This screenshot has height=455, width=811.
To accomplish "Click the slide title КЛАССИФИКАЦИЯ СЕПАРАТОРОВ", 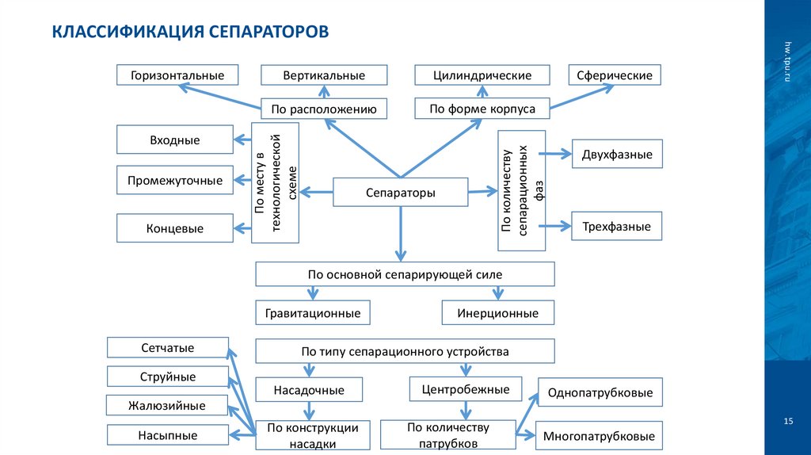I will [x=189, y=32].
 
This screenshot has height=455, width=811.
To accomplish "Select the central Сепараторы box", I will [x=400, y=193].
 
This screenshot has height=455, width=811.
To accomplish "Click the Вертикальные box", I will [x=324, y=75].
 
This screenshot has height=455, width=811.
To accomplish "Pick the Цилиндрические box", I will [x=482, y=75].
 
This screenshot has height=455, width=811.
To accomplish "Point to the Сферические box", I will [x=615, y=75].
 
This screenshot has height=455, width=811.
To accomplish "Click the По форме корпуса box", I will [x=482, y=109].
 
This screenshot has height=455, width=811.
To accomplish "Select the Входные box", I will [x=175, y=140].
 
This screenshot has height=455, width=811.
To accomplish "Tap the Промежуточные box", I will [x=175, y=180].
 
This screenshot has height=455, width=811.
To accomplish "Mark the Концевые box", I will [x=175, y=228].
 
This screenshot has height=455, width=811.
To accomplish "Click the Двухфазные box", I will [x=617, y=155].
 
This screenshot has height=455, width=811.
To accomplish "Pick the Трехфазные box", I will [x=617, y=227].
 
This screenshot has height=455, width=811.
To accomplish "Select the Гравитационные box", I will [x=313, y=313].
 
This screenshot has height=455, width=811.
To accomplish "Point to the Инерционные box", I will [x=497, y=313].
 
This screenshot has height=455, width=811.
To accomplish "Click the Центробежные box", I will [x=466, y=389].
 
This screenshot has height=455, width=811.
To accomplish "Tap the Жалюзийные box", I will [x=166, y=406].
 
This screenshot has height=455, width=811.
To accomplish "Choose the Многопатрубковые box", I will [x=599, y=436].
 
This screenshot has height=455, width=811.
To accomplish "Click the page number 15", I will [x=788, y=420].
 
